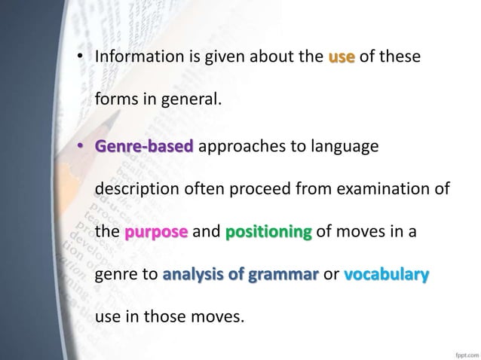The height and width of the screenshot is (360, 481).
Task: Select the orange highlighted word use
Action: [x=342, y=57]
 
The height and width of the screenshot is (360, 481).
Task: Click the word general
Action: [x=191, y=99]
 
